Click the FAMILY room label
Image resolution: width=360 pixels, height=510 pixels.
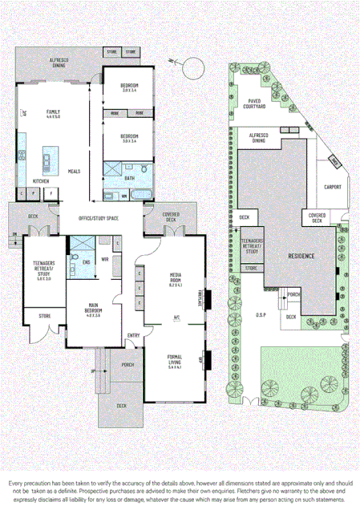point(53,113)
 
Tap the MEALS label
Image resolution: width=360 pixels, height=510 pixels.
point(73,171)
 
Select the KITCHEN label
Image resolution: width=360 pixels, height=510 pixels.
point(41,181)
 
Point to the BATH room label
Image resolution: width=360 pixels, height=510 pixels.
point(129,178)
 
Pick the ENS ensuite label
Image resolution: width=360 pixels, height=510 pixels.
point(86,261)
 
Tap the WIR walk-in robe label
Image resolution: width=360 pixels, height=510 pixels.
point(104,259)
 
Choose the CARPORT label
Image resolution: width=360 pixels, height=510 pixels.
point(332,188)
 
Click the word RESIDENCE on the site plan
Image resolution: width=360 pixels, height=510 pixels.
point(301,255)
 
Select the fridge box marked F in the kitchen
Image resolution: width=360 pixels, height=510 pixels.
point(51,193)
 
